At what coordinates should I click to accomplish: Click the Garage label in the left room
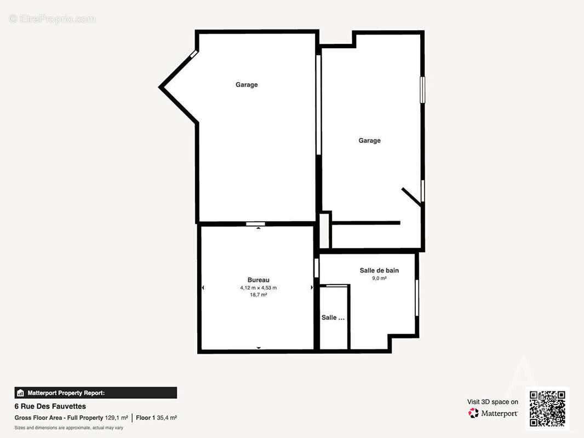point(247,85)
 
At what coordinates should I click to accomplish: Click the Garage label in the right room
point(369,141)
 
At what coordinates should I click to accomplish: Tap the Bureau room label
point(259,280)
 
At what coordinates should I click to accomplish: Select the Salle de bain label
point(379,270)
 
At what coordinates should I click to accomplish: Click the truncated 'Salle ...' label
point(333,318)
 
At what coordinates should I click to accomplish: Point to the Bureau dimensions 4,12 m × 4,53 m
point(259,287)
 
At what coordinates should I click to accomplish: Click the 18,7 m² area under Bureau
point(259,295)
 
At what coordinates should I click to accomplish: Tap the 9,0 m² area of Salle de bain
point(379,278)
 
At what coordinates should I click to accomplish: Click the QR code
point(547,408)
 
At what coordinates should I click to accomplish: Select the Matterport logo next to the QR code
point(493,413)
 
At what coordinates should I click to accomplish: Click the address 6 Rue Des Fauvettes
point(50,406)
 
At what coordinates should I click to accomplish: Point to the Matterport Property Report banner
point(96,393)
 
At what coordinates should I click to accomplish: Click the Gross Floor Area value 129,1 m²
point(116,418)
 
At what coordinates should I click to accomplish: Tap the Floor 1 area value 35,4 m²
point(167,418)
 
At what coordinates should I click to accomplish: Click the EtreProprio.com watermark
point(53,19)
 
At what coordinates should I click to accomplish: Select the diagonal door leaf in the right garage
point(411,197)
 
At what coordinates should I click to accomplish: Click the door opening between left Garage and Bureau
point(255,223)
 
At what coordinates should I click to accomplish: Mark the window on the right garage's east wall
point(422,90)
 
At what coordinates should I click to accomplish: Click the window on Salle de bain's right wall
point(417,298)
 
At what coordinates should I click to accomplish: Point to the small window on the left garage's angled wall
point(194,54)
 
